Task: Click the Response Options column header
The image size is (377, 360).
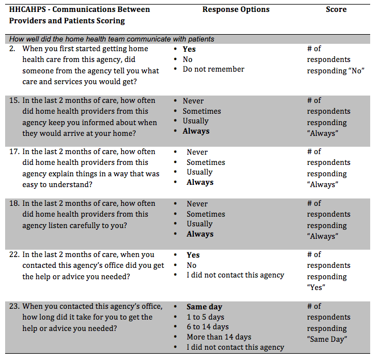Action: (236, 10)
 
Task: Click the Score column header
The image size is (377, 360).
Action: (336, 10)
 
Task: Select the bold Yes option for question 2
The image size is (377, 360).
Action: (189, 49)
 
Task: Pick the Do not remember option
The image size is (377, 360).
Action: (213, 69)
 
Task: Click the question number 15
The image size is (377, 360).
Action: (14, 101)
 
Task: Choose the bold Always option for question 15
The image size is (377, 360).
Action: (196, 131)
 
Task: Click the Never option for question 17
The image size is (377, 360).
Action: (197, 152)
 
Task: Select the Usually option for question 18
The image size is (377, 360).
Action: (199, 224)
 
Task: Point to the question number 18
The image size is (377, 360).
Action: (14, 204)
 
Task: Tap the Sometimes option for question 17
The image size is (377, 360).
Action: (205, 163)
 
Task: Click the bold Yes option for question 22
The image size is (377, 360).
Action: (193, 255)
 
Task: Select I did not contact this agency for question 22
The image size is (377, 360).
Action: (235, 275)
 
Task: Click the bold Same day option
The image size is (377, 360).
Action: (204, 307)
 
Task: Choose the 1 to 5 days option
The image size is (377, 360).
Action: (205, 317)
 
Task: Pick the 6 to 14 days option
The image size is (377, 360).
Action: (208, 327)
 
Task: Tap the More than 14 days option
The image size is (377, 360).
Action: (218, 337)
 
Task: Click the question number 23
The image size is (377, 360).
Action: (14, 307)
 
